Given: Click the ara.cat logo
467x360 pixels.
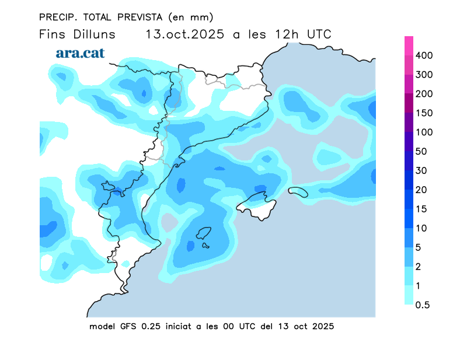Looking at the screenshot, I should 80,53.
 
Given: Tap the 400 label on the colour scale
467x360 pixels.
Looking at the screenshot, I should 424,55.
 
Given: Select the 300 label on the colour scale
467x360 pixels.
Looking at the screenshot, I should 424,75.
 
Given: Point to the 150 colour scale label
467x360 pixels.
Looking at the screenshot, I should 424,113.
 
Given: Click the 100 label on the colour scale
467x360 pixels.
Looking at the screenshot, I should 424,132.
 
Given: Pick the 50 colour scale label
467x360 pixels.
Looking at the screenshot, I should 422,151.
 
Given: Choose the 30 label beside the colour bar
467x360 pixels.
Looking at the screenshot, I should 422,170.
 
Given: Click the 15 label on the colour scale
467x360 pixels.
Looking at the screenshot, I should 422,209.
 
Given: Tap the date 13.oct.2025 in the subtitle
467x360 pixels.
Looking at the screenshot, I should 185,34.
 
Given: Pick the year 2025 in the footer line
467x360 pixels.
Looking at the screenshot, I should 322,326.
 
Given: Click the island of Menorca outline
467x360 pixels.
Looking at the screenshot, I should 298,191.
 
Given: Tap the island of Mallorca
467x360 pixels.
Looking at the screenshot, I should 257,204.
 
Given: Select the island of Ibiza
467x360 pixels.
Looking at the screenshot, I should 203,235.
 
